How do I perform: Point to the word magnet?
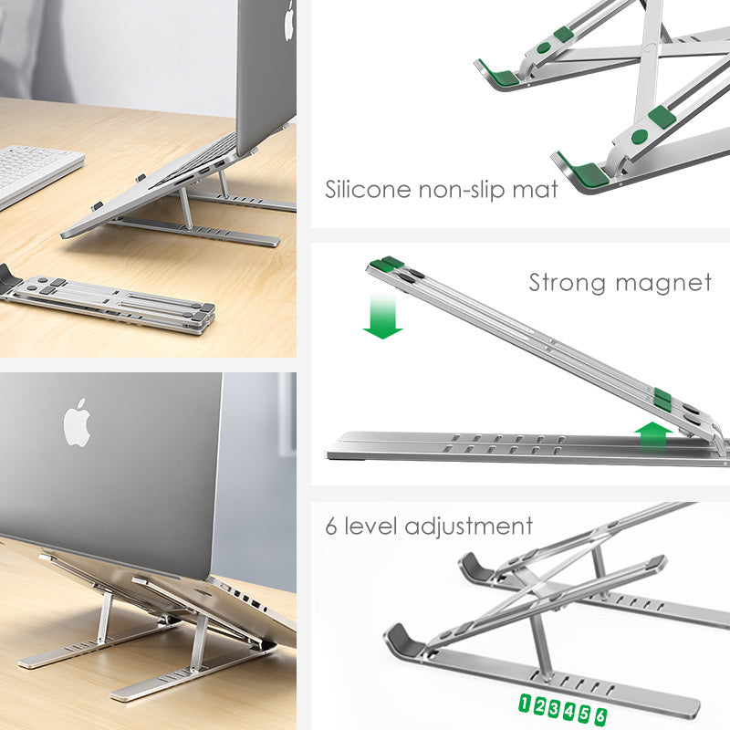662,283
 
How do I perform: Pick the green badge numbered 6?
600,716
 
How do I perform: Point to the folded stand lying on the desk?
109,301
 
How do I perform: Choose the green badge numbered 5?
585,713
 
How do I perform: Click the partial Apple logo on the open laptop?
289,20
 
